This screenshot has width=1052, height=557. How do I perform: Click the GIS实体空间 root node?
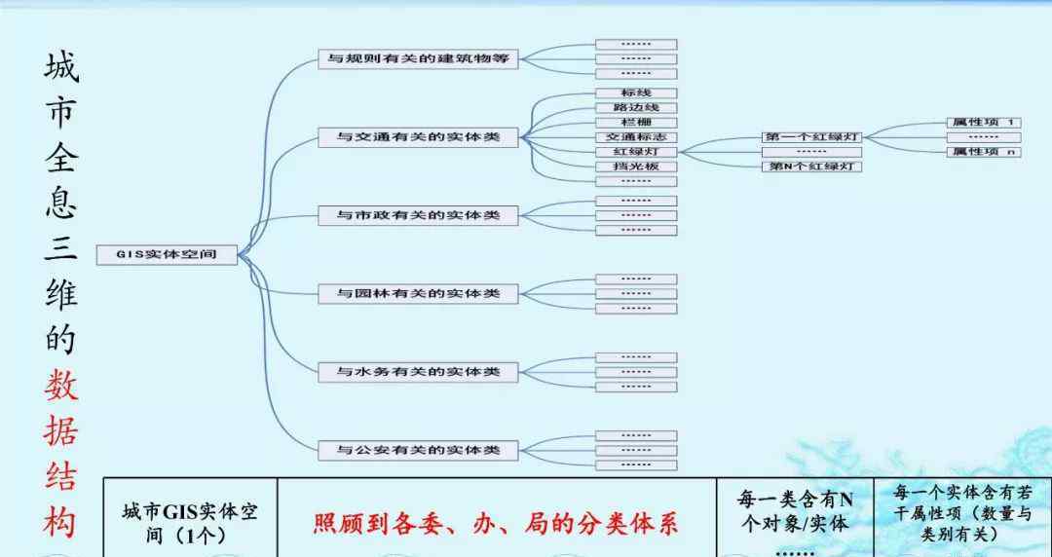(167, 255)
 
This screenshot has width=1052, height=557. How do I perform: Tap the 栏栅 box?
(636, 123)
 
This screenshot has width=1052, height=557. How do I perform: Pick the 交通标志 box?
(636, 137)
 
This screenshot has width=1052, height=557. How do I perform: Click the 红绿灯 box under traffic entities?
(636, 152)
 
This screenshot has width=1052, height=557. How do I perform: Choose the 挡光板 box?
(636, 167)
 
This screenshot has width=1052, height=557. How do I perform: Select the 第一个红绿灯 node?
(811, 137)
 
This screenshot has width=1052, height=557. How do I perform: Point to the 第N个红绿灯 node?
(811, 167)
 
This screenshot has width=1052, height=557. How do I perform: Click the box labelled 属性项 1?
(983, 123)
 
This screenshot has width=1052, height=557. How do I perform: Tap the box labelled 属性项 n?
(983, 152)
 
